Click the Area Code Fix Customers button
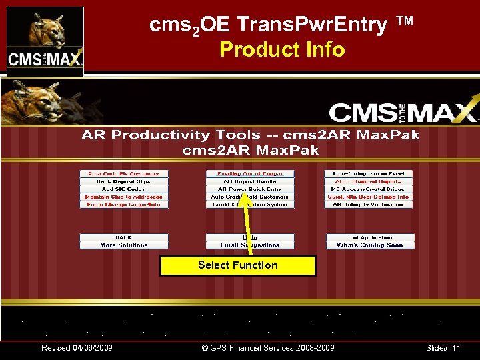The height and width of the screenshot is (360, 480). [x=124, y=173]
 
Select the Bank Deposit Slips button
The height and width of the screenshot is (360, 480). [x=124, y=181]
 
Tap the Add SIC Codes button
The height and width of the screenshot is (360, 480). [x=124, y=189]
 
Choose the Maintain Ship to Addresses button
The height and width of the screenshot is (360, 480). [x=124, y=197]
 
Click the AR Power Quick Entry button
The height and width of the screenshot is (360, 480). [x=250, y=189]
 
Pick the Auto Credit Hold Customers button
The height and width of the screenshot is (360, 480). [x=250, y=197]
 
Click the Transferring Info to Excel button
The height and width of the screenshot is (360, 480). [x=369, y=173]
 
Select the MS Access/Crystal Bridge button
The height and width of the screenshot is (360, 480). [x=369, y=189]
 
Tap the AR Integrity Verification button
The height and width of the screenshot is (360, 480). [x=369, y=205]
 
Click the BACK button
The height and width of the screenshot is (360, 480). [x=124, y=237]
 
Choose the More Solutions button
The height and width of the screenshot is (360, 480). [x=124, y=245]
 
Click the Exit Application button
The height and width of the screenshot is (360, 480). [x=370, y=237]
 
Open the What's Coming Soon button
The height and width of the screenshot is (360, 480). [x=370, y=245]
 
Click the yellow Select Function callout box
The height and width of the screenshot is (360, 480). [x=237, y=265]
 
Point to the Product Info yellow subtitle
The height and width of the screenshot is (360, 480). [x=282, y=49]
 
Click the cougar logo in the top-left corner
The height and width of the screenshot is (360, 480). [x=45, y=38]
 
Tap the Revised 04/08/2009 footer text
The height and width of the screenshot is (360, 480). [x=77, y=348]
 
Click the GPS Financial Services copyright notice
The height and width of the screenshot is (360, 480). [x=267, y=348]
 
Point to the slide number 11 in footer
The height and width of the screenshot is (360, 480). [x=443, y=348]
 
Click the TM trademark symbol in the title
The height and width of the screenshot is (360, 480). [x=405, y=21]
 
